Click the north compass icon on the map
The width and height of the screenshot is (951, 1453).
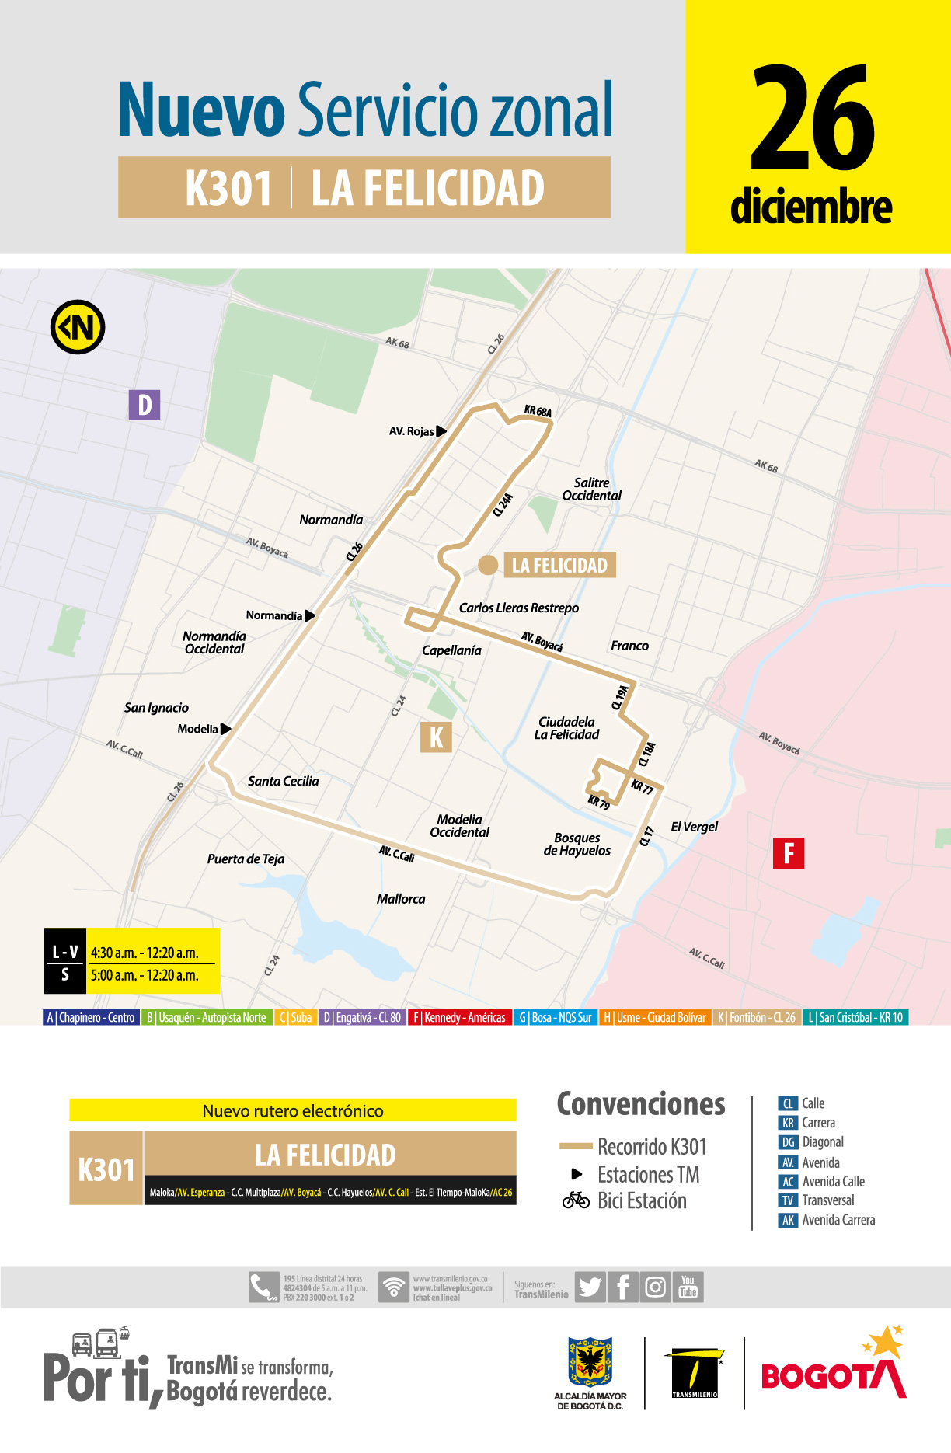[78, 327]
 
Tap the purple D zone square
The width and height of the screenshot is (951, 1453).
[145, 405]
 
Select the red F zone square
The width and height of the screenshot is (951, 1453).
[788, 853]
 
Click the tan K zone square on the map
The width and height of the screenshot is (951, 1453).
[436, 737]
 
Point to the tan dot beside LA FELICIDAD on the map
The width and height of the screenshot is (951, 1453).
[488, 565]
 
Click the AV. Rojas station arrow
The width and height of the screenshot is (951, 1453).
[441, 431]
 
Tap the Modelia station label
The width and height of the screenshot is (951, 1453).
[197, 729]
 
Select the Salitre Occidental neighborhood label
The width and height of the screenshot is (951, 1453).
[592, 490]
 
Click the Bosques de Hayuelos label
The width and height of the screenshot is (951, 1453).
[577, 845]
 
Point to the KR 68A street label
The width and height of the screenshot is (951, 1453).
[538, 411]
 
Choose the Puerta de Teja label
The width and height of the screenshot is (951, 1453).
[246, 859]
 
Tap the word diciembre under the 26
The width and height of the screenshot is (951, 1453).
[811, 207]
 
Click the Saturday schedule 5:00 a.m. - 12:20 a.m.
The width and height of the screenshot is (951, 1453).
[145, 976]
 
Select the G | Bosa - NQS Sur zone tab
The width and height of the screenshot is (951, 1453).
[556, 1018]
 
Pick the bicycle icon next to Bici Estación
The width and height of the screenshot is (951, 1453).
[577, 1200]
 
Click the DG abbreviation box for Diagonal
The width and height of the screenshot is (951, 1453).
[788, 1142]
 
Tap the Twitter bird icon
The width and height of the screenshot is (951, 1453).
[590, 1287]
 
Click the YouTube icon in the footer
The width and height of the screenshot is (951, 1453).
[688, 1287]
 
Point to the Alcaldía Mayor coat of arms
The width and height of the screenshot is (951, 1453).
[590, 1362]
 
